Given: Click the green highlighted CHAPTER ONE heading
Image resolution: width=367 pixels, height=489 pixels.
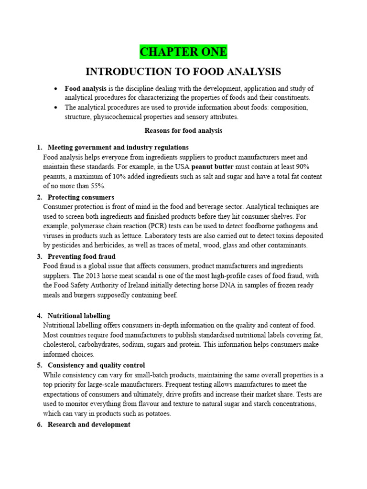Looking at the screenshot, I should tap(183, 52).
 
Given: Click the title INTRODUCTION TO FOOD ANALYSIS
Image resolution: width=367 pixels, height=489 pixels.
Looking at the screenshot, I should tap(183, 72).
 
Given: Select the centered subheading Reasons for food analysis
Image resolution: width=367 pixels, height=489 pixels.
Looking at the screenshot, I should tap(183, 130).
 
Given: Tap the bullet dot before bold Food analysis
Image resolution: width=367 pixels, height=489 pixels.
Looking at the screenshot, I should tap(56, 89).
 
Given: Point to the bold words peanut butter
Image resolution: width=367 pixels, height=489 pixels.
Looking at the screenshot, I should tap(213, 167).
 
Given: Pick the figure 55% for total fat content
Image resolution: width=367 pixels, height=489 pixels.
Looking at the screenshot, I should tap(97, 186).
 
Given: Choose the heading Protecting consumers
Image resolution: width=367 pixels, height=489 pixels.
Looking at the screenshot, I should tap(81, 197).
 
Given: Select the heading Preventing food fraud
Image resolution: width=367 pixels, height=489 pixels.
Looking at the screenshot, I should tap(81, 256).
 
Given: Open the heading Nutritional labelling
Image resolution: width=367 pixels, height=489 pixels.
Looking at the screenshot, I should tap(79, 316).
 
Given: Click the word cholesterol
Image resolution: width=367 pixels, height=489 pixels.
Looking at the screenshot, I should tap(61, 345).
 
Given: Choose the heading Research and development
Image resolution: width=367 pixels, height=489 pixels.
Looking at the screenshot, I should tap(89, 425).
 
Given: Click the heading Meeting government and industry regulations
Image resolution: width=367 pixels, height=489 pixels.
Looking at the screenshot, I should tap(118, 147).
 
